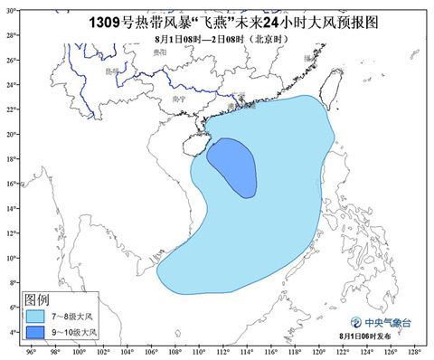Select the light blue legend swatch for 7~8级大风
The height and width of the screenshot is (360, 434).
coord(35,317)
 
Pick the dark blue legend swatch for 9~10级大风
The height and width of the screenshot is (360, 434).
coord(35,334)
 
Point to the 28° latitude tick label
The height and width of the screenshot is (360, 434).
coord(10,34)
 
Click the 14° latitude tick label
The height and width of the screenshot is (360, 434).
coord(10,209)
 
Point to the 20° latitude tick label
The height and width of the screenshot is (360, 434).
coord(10,134)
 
